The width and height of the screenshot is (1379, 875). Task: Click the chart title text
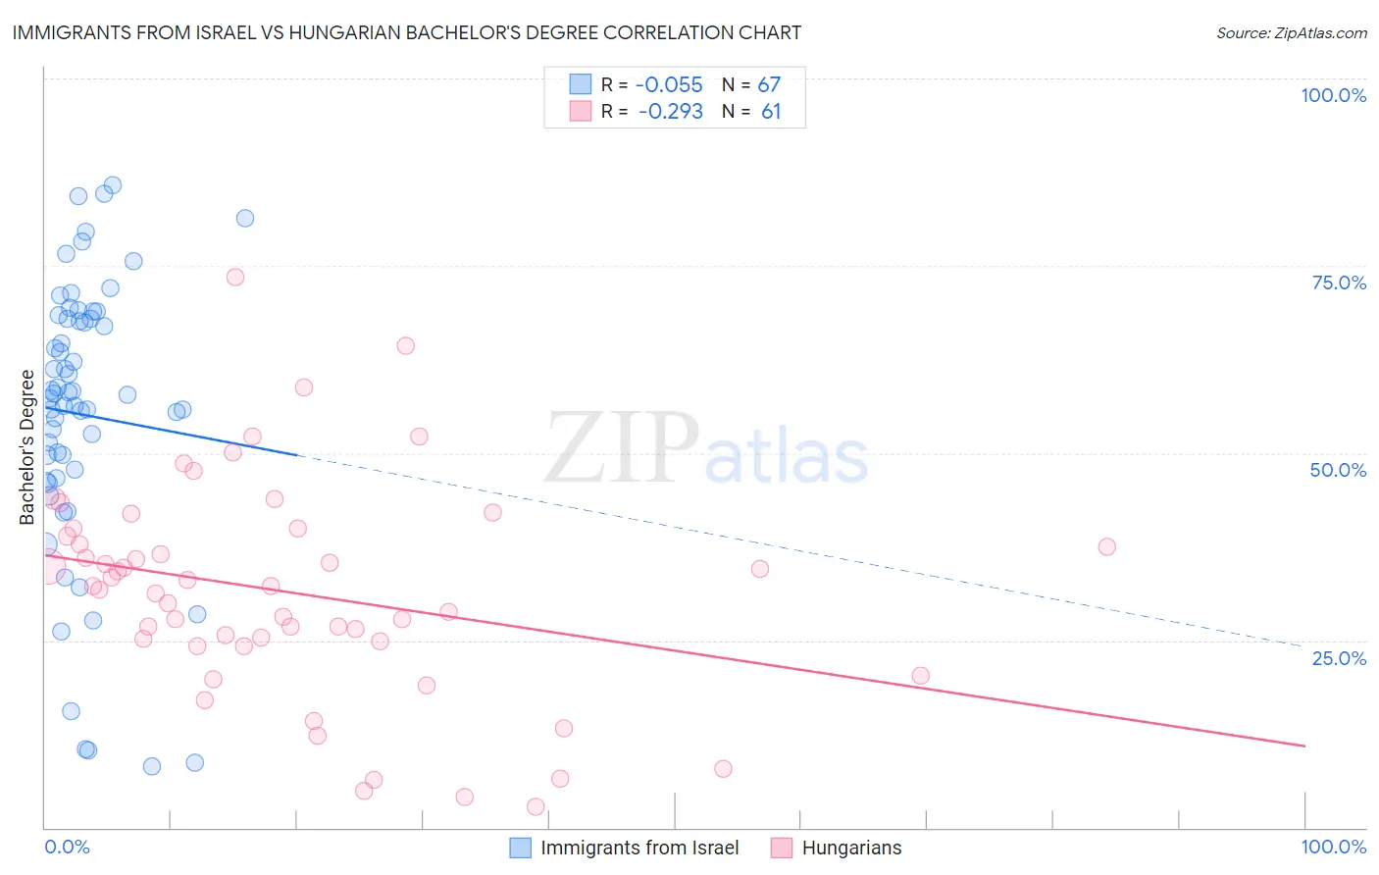pyautogui.click(x=407, y=32)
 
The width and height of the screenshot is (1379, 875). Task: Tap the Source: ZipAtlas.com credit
pyautogui.click(x=1291, y=32)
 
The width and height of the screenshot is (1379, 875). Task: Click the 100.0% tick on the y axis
pyautogui.click(x=1333, y=95)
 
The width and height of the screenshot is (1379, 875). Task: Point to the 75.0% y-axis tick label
pyautogui.click(x=1339, y=283)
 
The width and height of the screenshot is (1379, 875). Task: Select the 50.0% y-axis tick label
pyautogui.click(x=1338, y=470)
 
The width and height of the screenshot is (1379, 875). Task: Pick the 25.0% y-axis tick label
pyautogui.click(x=1339, y=657)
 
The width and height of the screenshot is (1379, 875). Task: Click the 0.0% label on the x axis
pyautogui.click(x=67, y=847)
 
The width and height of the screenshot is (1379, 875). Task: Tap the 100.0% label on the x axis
pyautogui.click(x=1333, y=847)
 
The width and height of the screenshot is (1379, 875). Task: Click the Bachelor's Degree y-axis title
pyautogui.click(x=26, y=446)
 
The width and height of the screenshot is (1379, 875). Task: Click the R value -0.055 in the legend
pyautogui.click(x=669, y=85)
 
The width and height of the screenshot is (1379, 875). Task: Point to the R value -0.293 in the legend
pyautogui.click(x=670, y=112)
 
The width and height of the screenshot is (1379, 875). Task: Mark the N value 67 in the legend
pyautogui.click(x=769, y=85)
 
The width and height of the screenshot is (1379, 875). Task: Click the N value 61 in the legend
pyautogui.click(x=771, y=112)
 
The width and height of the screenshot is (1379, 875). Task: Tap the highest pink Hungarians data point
pyautogui.click(x=235, y=277)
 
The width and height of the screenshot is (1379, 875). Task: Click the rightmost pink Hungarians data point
pyautogui.click(x=1106, y=546)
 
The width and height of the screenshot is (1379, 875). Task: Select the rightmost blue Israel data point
pyautogui.click(x=245, y=218)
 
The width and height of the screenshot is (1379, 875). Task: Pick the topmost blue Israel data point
pyautogui.click(x=113, y=185)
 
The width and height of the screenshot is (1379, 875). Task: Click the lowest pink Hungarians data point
pyautogui.click(x=536, y=806)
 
